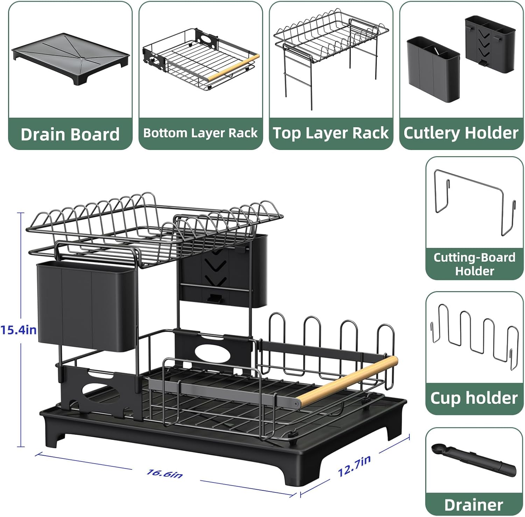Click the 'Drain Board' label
[70, 135]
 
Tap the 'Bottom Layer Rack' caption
[200, 133]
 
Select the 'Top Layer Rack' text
[331, 133]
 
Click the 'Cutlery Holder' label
[461, 133]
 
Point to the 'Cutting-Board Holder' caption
[474, 264]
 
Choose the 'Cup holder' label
[474, 398]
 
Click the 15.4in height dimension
[18, 330]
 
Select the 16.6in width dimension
[164, 474]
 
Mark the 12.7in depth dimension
[354, 466]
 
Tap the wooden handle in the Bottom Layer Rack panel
[233, 68]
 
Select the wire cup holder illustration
[474, 336]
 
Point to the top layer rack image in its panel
[330, 53]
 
